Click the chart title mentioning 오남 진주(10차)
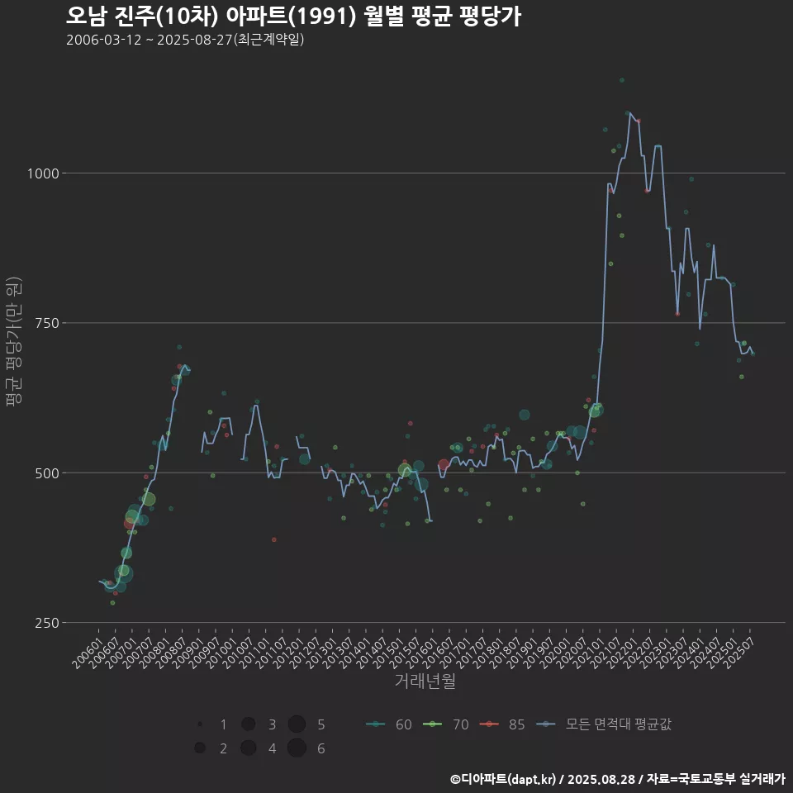292,17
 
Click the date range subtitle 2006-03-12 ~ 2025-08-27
185,40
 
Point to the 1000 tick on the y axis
43,173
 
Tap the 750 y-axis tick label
46,323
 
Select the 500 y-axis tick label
46,473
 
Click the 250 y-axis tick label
46,623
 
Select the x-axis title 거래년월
425,681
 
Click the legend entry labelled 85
504,724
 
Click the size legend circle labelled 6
297,748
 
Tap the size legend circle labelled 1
201,724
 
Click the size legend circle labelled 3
248,724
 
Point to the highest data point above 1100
621,80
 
